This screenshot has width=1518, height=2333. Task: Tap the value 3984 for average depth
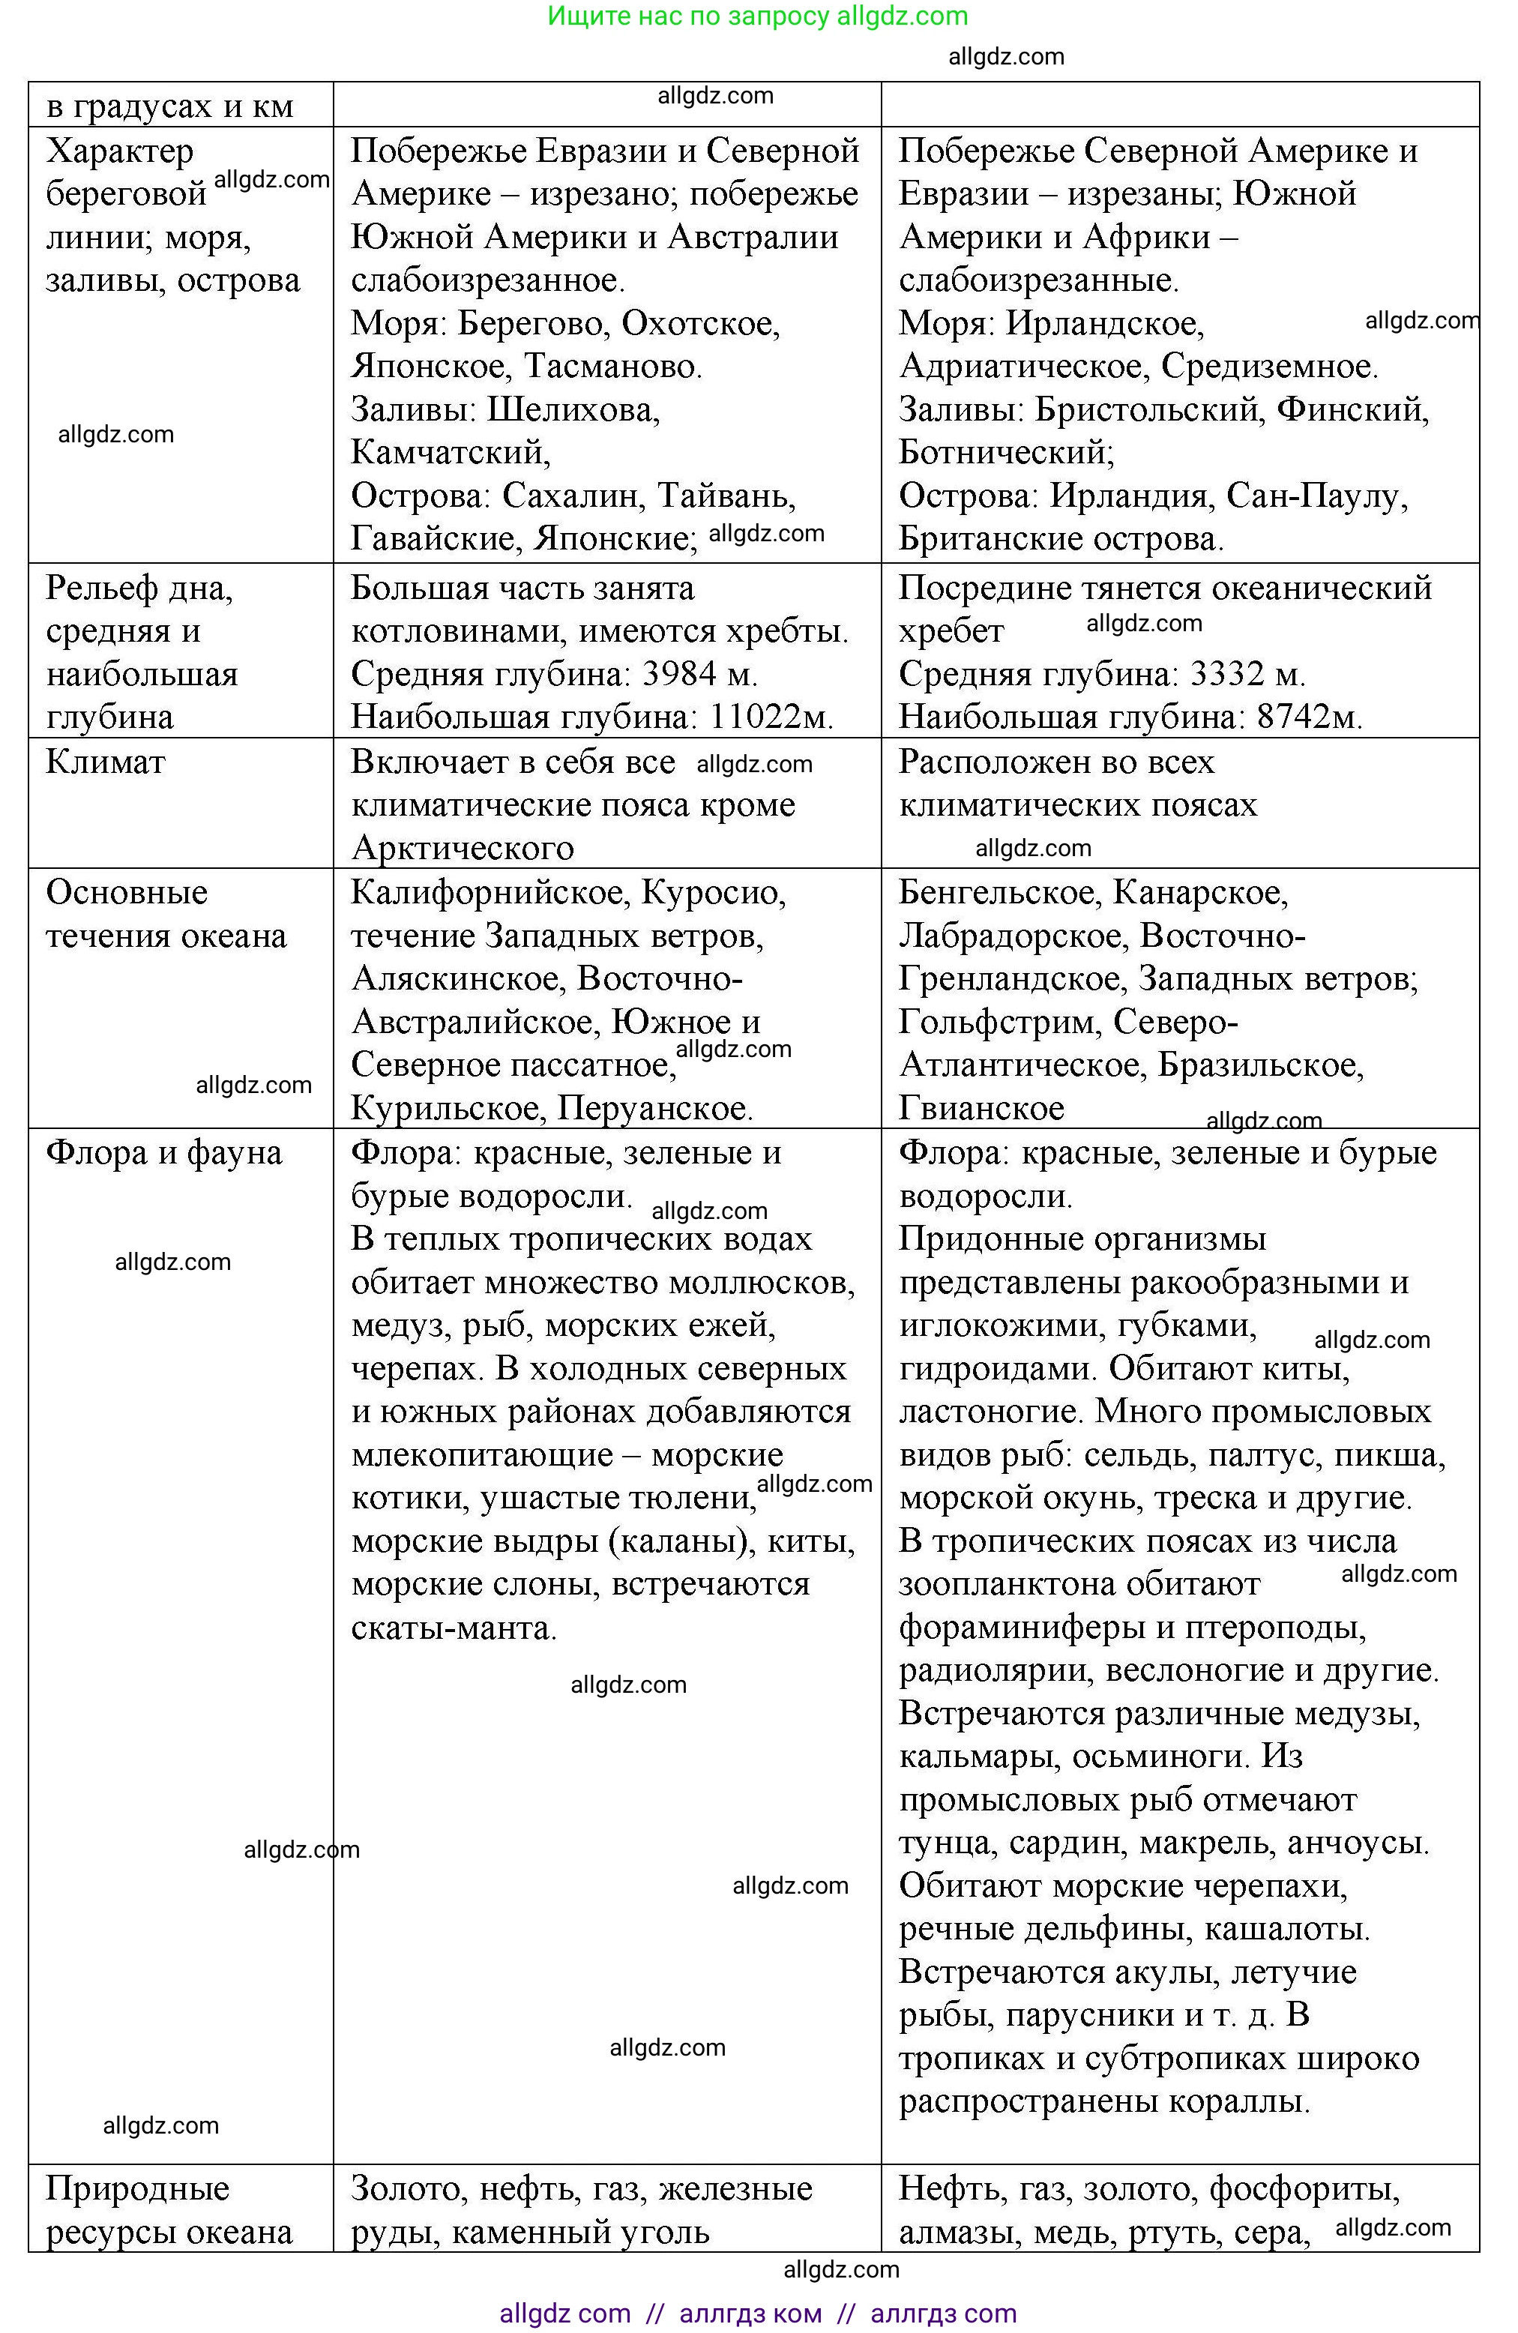(x=682, y=673)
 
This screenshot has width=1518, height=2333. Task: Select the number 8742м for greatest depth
(x=1310, y=717)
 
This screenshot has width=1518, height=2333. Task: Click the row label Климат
(x=106, y=762)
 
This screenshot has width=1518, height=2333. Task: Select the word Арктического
(x=463, y=848)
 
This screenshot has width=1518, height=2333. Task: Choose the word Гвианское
(x=981, y=1109)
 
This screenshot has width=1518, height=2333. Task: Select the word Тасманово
(x=612, y=367)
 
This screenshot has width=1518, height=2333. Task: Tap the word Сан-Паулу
(x=1316, y=496)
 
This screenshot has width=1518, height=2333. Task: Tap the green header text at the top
(x=758, y=16)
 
